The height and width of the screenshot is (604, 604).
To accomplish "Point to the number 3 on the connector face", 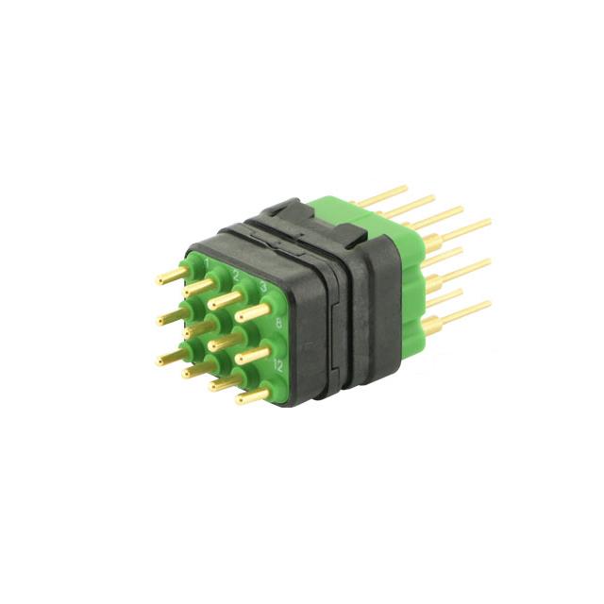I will (x=263, y=286).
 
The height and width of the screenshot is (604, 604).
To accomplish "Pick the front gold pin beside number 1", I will (x=172, y=276).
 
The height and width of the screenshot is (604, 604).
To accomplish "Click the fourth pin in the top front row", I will (x=252, y=312).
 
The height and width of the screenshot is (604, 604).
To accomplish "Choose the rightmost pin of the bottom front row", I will (x=252, y=395).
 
